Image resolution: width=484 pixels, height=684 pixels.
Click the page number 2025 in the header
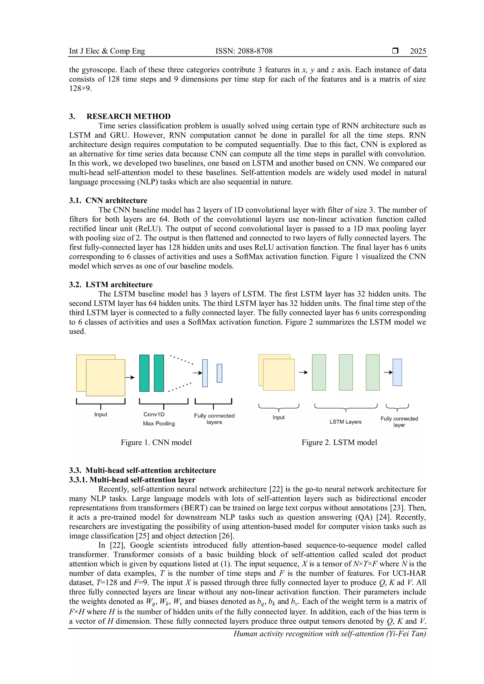click(x=418, y=51)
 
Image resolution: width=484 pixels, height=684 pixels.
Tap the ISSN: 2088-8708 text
click(x=244, y=51)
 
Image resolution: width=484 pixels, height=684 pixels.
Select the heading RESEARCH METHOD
click(x=129, y=116)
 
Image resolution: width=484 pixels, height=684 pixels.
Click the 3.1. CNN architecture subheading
click(x=108, y=200)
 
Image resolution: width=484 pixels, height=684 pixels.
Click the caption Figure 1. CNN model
click(x=156, y=442)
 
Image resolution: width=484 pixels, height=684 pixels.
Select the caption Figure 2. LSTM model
click(x=339, y=442)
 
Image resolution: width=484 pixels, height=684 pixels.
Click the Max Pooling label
click(x=159, y=423)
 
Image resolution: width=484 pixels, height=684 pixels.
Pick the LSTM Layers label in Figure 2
click(x=346, y=422)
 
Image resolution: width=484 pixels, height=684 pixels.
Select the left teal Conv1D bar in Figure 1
click(x=144, y=373)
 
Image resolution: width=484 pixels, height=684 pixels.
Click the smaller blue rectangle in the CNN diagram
click(x=219, y=373)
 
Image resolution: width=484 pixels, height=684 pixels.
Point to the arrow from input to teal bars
click(x=130, y=377)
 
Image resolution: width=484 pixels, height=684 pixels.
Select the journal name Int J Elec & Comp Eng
click(x=107, y=51)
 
